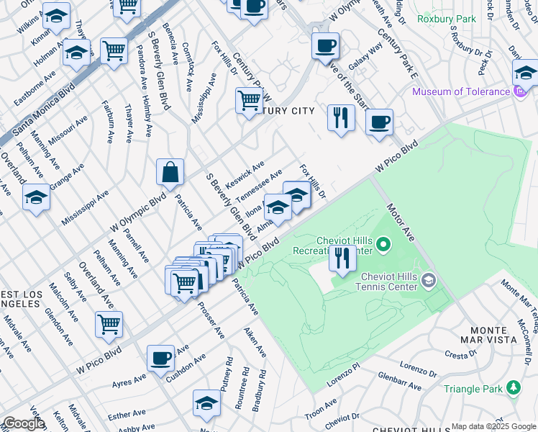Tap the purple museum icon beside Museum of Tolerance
(x=517, y=92)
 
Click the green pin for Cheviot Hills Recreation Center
(x=383, y=246)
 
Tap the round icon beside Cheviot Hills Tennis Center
(x=429, y=280)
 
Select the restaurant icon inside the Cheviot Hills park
(x=342, y=258)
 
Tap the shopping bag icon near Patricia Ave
(x=170, y=173)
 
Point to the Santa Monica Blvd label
(x=43, y=112)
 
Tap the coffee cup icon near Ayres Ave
(x=160, y=357)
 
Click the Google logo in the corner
(x=23, y=423)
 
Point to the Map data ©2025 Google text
(x=493, y=426)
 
